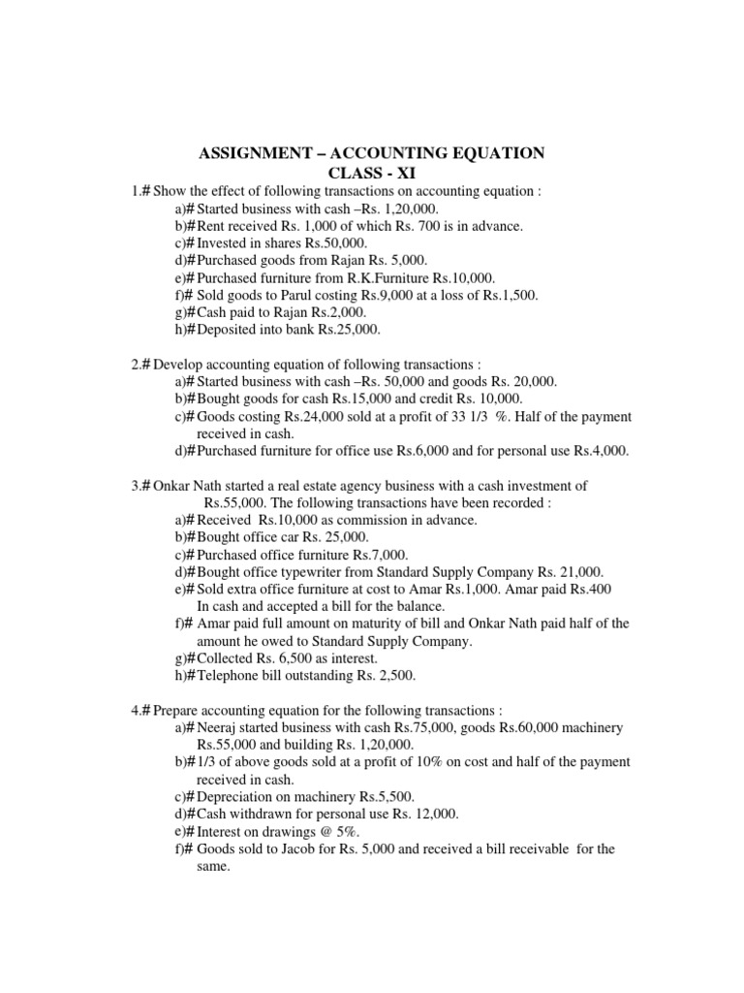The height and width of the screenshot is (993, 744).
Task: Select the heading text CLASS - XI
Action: tap(372, 174)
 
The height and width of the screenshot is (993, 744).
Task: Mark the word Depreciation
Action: tap(237, 797)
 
